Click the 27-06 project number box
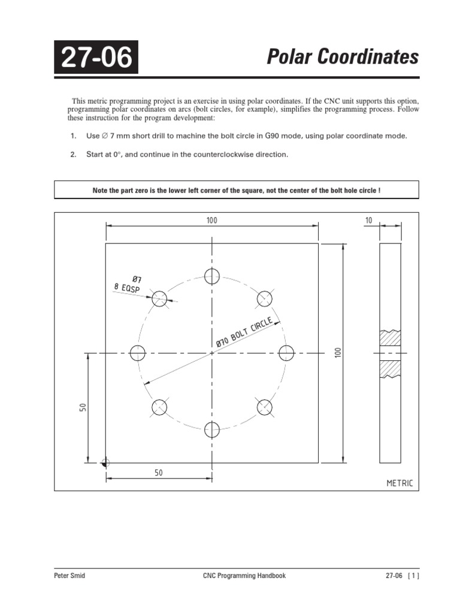[96, 57]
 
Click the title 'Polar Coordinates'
[343, 57]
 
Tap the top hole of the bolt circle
[212, 276]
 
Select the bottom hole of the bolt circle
[212, 429]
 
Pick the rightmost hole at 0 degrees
[287, 353]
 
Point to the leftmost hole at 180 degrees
[137, 353]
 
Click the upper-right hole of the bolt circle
[265, 299]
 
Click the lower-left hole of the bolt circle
[159, 407]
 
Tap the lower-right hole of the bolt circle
[265, 407]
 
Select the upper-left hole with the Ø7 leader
[159, 299]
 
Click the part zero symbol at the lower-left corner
[106, 463]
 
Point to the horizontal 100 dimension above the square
[211, 221]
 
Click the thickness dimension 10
[368, 221]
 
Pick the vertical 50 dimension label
[83, 408]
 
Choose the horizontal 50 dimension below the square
[159, 472]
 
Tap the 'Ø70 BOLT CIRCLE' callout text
[245, 332]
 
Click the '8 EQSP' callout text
[127, 288]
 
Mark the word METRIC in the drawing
[400, 483]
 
